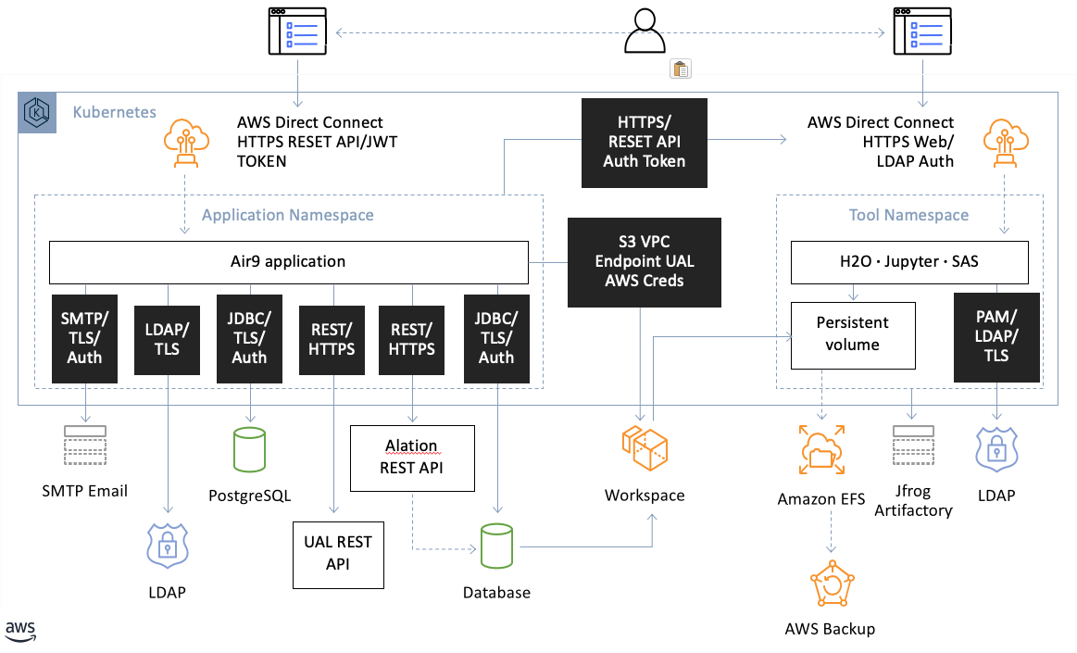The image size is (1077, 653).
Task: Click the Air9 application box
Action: [x=288, y=262]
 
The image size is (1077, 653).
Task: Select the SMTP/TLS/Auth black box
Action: [x=84, y=338]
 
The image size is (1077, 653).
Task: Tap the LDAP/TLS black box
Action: [x=169, y=338]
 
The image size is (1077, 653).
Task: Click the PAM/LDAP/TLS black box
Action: [x=996, y=338]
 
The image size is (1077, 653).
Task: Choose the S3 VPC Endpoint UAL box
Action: [x=645, y=262]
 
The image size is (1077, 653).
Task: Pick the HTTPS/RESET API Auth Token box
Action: [x=645, y=142]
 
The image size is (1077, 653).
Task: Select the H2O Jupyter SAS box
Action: [x=908, y=262]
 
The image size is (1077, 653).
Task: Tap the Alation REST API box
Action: [x=411, y=458]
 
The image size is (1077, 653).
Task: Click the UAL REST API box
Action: [x=338, y=555]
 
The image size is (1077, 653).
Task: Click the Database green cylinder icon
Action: [x=496, y=548]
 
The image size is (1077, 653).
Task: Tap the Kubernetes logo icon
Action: [x=37, y=114]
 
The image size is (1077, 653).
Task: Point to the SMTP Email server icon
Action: [x=84, y=449]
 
